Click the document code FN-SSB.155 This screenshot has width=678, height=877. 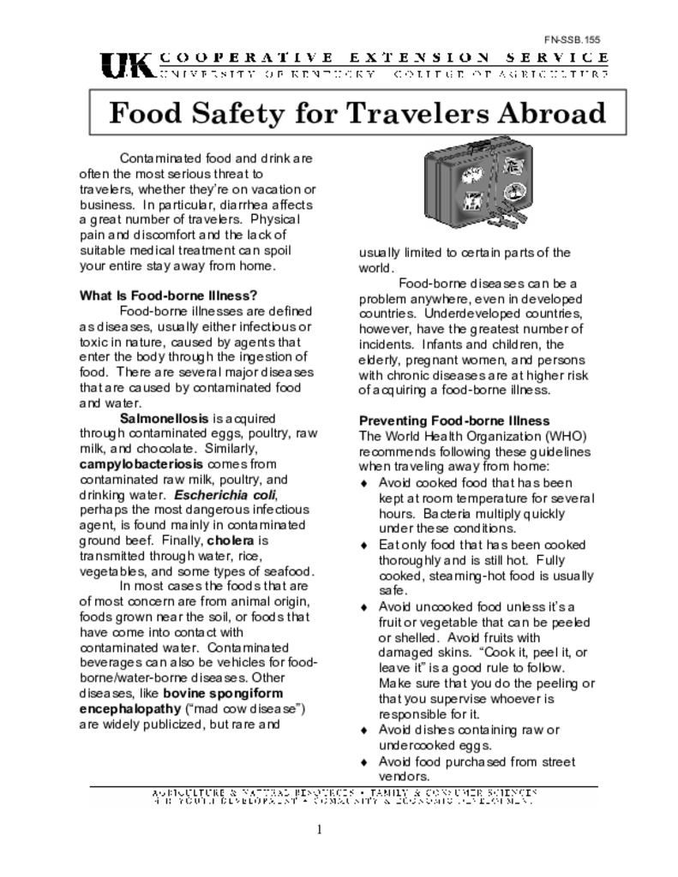click(578, 39)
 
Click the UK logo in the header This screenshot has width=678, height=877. click(127, 65)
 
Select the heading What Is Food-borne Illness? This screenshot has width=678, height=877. click(169, 295)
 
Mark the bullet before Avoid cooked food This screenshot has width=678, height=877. click(364, 483)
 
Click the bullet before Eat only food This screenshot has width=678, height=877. click(364, 545)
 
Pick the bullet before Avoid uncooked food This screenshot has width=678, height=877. click(364, 606)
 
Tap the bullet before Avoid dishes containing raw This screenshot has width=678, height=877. click(364, 730)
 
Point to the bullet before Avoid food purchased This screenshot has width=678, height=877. click(364, 761)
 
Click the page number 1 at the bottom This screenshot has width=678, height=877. click(319, 829)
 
